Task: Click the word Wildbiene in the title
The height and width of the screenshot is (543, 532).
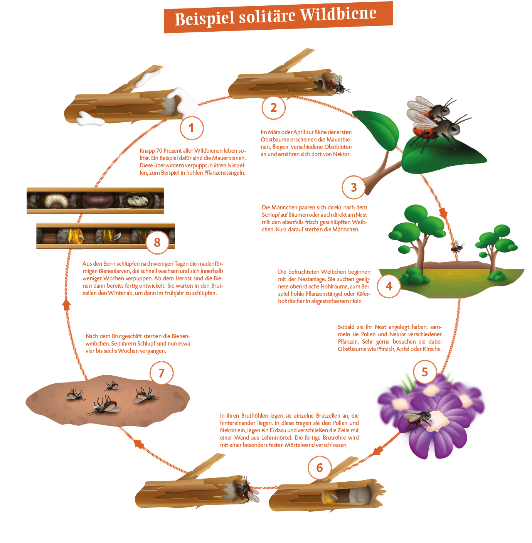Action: point(338,15)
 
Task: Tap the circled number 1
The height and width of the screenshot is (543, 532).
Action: point(191,128)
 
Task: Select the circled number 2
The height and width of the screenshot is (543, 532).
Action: point(273,108)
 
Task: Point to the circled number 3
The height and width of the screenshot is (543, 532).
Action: point(354,187)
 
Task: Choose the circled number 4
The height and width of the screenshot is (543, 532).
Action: point(389,286)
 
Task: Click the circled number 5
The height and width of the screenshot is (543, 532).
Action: point(424,372)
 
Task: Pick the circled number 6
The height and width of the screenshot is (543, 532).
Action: point(319,468)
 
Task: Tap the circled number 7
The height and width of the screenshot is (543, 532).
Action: point(161,373)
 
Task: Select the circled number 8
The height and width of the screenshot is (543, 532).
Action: point(157,243)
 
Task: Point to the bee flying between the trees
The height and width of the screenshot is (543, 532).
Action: point(457,246)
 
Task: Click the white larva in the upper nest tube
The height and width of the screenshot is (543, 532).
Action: point(56,201)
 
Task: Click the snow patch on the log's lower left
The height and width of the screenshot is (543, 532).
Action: point(90,119)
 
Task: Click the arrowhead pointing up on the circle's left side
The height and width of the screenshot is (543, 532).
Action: point(66,304)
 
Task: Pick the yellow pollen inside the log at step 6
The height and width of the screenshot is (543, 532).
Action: point(329,498)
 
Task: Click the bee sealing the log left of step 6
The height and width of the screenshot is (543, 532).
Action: point(249,491)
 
